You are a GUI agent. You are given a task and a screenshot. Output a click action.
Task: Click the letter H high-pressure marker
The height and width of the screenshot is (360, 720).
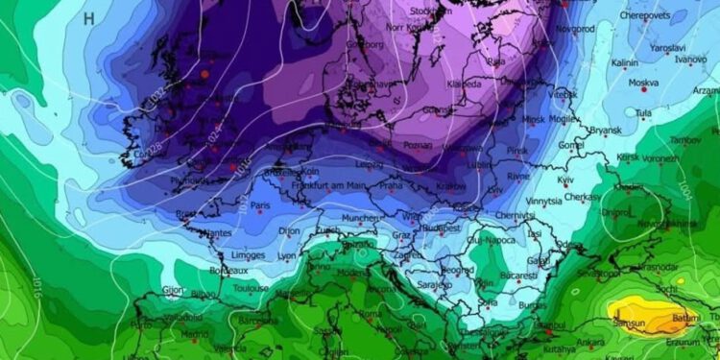(x=89, y=17)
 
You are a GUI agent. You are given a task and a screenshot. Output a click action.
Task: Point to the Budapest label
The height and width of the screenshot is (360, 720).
(x=442, y=228)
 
